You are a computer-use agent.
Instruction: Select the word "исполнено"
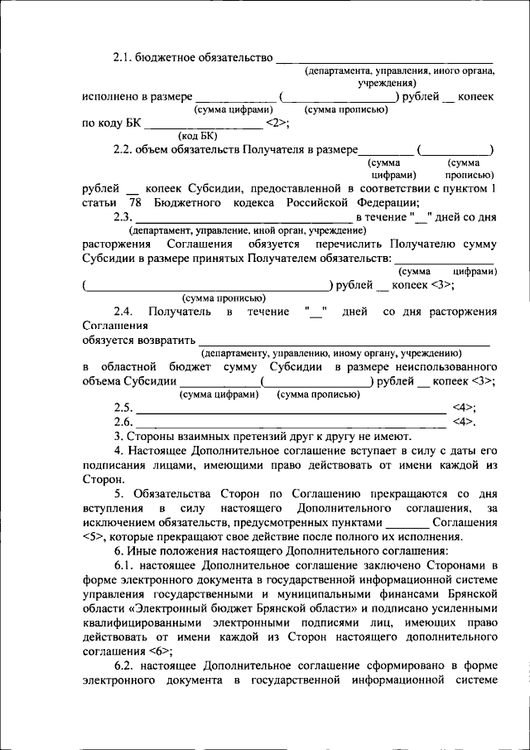(111, 97)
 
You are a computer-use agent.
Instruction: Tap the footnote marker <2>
(276, 123)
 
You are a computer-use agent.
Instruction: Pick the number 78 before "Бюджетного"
(137, 204)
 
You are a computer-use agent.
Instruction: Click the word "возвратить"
(169, 339)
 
